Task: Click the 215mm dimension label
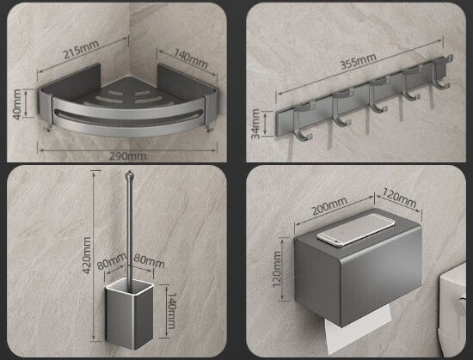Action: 81,49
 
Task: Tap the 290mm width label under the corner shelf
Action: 127,156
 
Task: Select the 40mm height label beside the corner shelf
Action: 17,104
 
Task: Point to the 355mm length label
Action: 359,61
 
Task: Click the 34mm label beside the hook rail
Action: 255,124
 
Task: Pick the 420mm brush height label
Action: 87,255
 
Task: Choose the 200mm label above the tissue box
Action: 329,205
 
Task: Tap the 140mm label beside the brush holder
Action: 171,310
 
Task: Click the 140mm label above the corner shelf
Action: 191,58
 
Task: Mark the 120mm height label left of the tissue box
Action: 277,269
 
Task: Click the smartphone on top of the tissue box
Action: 356,229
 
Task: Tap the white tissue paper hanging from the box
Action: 357,326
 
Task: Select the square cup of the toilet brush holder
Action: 129,314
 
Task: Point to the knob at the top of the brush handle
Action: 129,174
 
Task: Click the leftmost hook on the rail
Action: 302,122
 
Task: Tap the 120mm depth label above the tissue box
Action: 399,198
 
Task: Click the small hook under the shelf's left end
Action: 48,128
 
